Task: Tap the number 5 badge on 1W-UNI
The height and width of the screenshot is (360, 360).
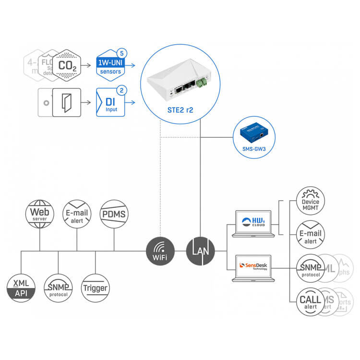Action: (x=122, y=52)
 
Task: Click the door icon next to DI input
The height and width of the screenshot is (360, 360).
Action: (x=65, y=102)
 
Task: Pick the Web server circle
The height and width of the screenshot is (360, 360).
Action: (x=39, y=214)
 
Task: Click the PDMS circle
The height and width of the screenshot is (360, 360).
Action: (x=114, y=214)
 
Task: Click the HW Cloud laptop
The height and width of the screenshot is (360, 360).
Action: (x=252, y=223)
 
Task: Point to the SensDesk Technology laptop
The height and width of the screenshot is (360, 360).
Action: (x=252, y=267)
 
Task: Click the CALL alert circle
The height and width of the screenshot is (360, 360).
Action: (x=310, y=301)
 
